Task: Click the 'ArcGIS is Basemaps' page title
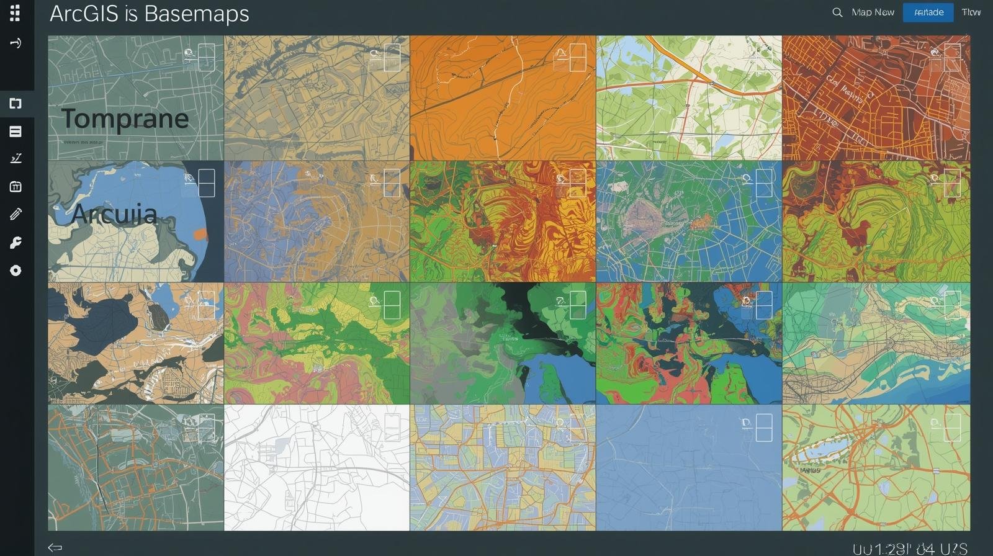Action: coord(149,13)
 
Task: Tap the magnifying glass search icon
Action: coord(837,12)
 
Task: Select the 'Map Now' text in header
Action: coord(873,12)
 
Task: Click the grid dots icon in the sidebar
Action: coord(16,12)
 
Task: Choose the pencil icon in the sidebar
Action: coord(16,214)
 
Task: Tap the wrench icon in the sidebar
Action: coord(16,243)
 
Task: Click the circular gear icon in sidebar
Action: coord(16,271)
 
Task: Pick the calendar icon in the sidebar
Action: coord(16,187)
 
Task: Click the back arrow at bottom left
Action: coord(55,547)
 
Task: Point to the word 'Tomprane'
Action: coord(125,119)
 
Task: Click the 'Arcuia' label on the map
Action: coord(114,214)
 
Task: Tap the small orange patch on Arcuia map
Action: coord(200,234)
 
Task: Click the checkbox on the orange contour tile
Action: coord(578,58)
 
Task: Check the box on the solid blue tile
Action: coord(764,428)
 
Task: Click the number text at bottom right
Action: coord(910,549)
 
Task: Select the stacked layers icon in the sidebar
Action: coord(16,132)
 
